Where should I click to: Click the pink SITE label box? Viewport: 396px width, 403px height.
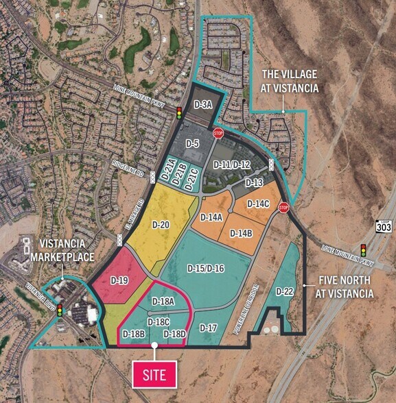154,374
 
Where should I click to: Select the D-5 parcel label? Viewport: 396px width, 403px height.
192,143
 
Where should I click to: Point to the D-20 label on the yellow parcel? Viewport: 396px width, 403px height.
160,225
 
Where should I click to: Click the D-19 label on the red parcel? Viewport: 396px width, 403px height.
120,280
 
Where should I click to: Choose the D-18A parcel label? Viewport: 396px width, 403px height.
164,300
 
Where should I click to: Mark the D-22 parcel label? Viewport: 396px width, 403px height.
285,292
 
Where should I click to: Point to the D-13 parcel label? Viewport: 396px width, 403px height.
253,183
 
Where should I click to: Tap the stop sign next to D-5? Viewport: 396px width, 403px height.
218,133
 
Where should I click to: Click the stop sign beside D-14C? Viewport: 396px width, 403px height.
283,208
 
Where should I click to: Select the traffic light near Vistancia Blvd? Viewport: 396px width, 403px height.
60,310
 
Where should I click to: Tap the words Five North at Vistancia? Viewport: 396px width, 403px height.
345,286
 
